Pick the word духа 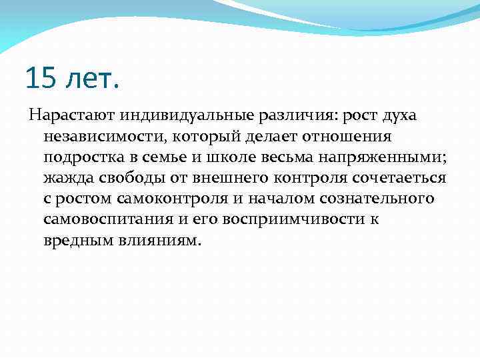pos(399,116)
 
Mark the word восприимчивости pos(289,219)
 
